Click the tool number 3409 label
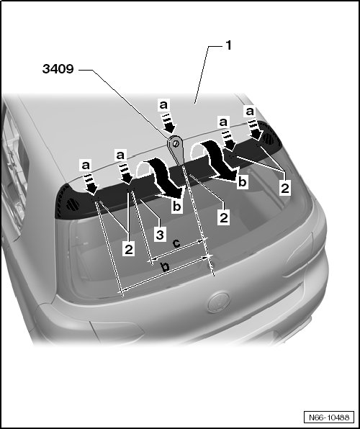(58, 68)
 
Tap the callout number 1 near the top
(228, 45)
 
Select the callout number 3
(160, 235)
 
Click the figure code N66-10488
(329, 417)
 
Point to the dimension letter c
(176, 243)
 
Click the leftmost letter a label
(86, 166)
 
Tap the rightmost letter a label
(250, 112)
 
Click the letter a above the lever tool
(163, 105)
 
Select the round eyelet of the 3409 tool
(176, 143)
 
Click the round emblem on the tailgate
(218, 302)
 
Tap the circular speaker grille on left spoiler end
(73, 204)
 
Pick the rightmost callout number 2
(285, 189)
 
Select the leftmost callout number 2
(129, 250)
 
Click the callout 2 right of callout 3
(224, 218)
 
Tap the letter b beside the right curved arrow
(243, 182)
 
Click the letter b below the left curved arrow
(177, 206)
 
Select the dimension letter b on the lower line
(165, 266)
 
